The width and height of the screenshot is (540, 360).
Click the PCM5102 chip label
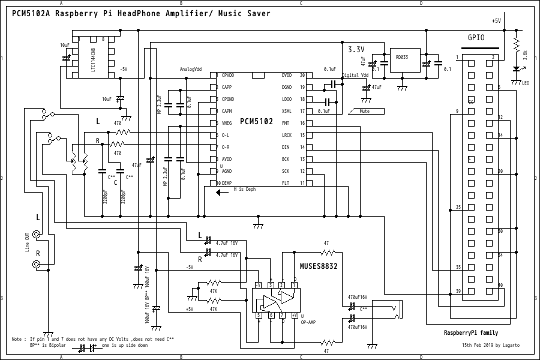click(x=256, y=121)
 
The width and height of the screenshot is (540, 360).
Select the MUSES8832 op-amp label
click(x=319, y=266)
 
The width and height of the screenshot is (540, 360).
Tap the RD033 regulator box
click(x=401, y=58)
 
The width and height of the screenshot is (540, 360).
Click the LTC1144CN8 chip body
click(x=93, y=59)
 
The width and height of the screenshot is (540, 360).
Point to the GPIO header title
click(x=476, y=37)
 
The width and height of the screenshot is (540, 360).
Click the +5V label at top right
click(x=496, y=20)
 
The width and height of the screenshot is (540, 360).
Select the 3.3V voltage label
click(x=356, y=49)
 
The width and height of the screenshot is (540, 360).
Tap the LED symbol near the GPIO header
click(x=516, y=71)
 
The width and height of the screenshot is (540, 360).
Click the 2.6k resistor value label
click(x=526, y=55)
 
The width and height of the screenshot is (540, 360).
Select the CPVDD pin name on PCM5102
click(x=229, y=76)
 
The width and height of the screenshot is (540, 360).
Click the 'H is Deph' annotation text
click(x=244, y=190)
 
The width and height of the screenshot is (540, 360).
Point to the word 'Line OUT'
click(x=27, y=242)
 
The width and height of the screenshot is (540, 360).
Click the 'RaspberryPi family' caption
click(x=470, y=332)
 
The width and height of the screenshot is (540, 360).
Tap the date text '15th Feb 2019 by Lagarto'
click(x=491, y=346)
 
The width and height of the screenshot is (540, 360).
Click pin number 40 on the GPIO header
click(x=500, y=285)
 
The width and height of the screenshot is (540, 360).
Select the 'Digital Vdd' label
click(x=355, y=76)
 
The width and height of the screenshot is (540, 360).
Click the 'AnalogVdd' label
click(x=191, y=69)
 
